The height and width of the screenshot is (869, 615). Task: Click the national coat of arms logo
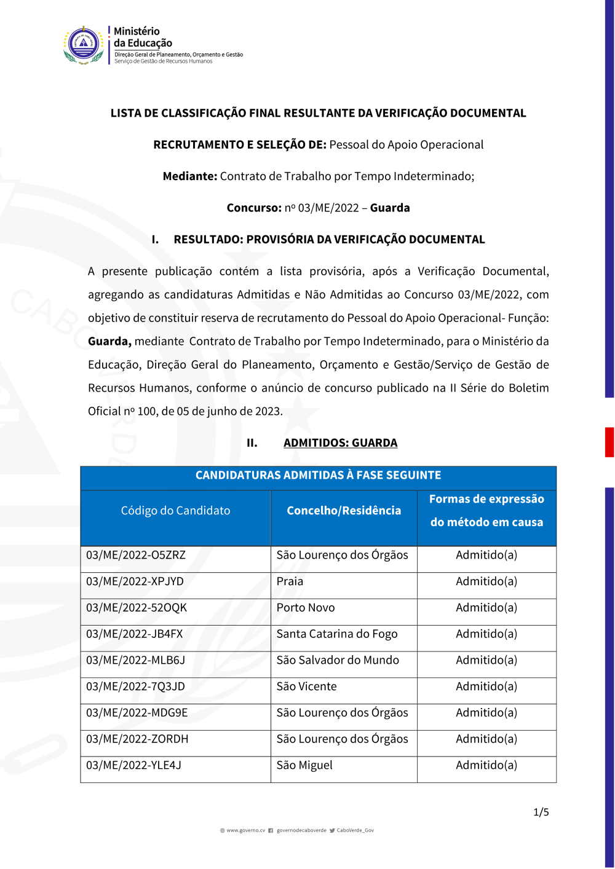click(84, 45)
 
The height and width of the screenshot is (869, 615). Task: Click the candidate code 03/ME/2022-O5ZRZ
click(136, 555)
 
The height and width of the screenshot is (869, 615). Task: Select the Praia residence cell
click(290, 581)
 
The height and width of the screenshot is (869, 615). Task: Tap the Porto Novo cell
click(306, 608)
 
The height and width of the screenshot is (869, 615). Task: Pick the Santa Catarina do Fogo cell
click(337, 634)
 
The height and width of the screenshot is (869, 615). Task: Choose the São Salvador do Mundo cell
click(338, 660)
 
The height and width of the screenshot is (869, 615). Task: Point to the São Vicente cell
click(306, 686)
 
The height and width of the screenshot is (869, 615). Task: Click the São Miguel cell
click(304, 765)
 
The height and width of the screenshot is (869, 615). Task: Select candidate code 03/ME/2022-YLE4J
click(134, 765)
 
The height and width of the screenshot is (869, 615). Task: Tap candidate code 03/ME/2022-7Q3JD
click(135, 686)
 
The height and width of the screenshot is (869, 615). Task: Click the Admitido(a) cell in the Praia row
click(486, 581)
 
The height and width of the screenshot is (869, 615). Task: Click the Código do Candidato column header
click(176, 511)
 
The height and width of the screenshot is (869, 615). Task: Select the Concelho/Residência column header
click(344, 511)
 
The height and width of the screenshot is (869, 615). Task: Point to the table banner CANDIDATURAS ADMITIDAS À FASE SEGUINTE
click(318, 475)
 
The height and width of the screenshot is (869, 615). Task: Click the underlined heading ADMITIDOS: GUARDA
click(340, 443)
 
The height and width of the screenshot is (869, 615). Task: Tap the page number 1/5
click(541, 812)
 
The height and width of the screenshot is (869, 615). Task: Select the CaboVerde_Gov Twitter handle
click(355, 830)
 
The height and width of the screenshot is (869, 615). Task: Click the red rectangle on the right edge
click(609, 442)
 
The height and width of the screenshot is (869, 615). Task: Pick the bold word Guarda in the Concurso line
click(390, 208)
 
